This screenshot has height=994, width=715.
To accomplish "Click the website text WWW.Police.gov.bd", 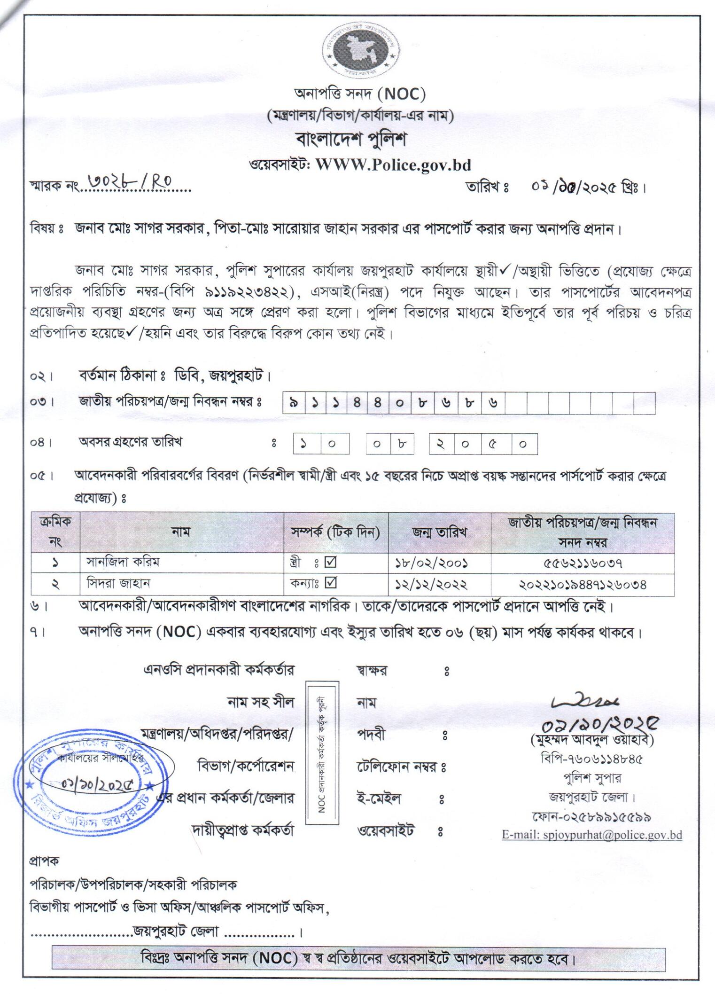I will (393, 164).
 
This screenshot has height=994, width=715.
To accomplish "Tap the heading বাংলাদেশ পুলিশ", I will (351, 139).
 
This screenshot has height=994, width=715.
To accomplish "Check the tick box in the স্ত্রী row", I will (331, 562).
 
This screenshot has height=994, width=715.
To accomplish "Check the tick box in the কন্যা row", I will (331, 583).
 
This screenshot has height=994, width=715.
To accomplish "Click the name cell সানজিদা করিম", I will (123, 562).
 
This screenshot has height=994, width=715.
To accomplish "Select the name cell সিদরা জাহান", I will (118, 583).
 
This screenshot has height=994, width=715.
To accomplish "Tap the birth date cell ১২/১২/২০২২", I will (431, 584).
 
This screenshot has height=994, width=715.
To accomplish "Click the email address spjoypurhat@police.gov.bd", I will (592, 835).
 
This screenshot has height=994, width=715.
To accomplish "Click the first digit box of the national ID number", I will (294, 403).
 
